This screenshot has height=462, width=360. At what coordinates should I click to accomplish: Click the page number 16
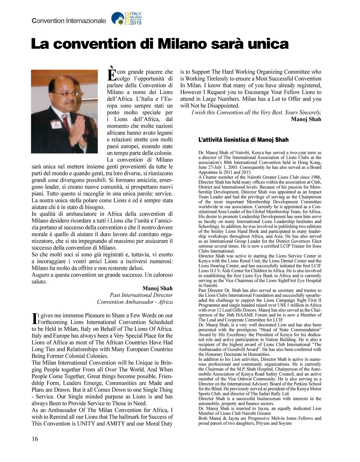[x=35, y=439]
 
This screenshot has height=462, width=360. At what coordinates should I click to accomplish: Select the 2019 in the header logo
[x=136, y=22]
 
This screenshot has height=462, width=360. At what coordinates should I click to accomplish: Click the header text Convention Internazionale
[x=69, y=21]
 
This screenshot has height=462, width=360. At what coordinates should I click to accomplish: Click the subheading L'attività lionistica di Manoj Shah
[x=243, y=140]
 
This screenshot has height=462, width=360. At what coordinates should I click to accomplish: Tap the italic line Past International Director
[x=141, y=295]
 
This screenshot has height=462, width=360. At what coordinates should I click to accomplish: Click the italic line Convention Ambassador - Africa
[x=135, y=302]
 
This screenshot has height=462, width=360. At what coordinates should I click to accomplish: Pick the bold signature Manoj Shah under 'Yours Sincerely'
[x=306, y=119]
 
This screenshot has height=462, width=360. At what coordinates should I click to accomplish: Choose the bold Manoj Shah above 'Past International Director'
[x=157, y=288]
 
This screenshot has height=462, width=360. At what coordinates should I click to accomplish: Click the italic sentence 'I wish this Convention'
[x=256, y=112]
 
